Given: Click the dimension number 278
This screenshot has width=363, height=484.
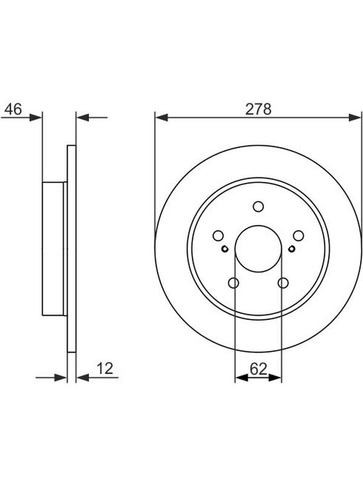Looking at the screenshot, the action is click(x=258, y=109).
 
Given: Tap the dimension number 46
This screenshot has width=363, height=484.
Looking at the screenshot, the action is click(x=13, y=109).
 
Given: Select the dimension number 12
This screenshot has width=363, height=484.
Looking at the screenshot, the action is click(x=105, y=368).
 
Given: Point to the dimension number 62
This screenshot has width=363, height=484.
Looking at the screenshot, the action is click(x=258, y=368).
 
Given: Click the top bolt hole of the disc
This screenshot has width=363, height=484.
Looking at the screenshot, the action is click(x=258, y=206).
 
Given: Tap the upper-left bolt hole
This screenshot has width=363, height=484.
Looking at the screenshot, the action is click(x=218, y=235).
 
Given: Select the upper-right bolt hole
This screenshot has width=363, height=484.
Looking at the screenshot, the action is click(x=298, y=235).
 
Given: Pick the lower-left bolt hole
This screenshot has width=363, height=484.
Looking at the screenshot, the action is click(x=234, y=283).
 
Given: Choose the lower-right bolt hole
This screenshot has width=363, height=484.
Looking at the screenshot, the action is click(x=283, y=283).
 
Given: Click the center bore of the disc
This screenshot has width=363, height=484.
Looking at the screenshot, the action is click(x=258, y=249).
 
